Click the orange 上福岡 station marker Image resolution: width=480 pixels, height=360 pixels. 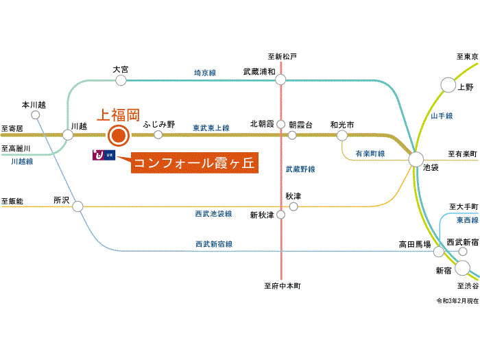[118, 135]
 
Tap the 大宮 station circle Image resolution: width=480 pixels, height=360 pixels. [121, 80]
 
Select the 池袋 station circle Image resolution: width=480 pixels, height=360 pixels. [416, 159]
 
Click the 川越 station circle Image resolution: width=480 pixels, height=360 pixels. [68, 135]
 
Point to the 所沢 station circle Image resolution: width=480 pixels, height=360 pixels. [77, 206]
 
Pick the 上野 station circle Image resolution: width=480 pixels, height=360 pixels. [448, 85]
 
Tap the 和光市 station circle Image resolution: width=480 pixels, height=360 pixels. [341, 135]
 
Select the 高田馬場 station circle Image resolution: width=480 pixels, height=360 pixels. [439, 251]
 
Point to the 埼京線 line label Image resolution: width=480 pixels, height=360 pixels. [206, 72]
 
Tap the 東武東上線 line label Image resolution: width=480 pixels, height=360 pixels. [211, 128]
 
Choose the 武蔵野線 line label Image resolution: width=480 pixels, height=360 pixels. [300, 169]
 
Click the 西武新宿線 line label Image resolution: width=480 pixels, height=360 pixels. [214, 243]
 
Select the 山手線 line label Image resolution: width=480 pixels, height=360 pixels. [442, 117]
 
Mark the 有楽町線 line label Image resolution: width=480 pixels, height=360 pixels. [370, 153]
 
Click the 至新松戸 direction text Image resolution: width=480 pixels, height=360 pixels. [282, 56]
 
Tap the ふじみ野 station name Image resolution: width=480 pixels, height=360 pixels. [159, 124]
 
